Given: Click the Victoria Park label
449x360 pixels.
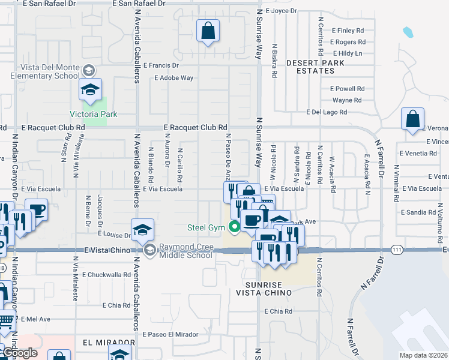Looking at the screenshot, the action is click(94, 114).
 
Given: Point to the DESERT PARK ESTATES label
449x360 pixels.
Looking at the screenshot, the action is click(310, 67).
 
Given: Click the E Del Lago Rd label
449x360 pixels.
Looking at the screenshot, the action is click(327, 112).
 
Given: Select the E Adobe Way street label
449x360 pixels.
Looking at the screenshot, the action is click(173, 78).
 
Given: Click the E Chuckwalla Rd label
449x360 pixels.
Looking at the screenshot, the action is click(107, 275).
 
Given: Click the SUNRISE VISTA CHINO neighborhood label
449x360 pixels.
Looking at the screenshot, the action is click(268, 288).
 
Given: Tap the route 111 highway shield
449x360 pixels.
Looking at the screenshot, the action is click(397, 249).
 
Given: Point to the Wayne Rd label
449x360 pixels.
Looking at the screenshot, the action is click(347, 100).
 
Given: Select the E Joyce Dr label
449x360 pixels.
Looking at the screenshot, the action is click(280, 11).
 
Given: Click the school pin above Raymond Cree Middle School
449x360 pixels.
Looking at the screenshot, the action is click(142, 230).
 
